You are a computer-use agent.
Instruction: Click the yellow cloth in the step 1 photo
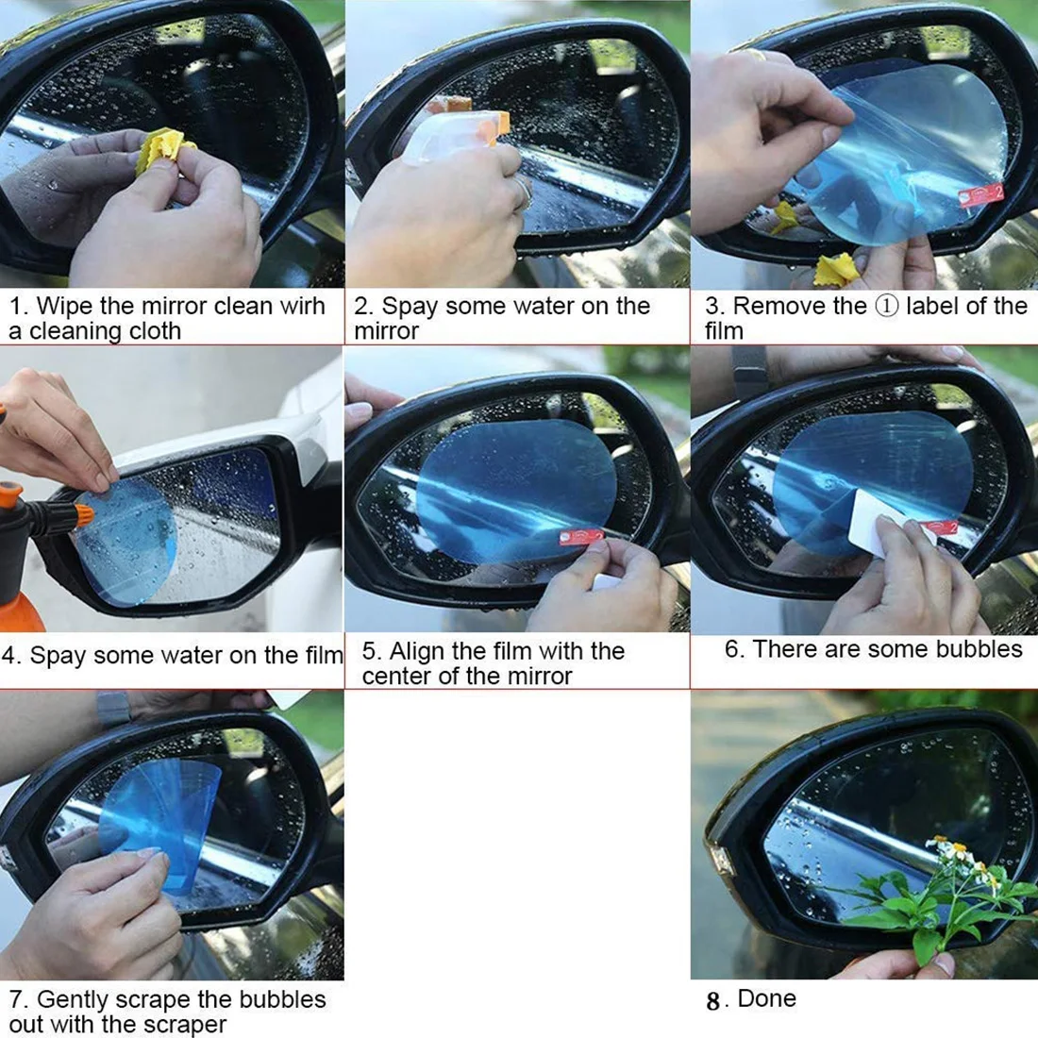164,150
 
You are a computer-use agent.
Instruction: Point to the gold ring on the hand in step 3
757,55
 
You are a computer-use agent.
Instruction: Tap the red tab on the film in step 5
582,536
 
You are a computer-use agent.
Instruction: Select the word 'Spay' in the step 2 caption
410,308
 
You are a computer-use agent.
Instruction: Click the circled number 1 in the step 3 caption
886,306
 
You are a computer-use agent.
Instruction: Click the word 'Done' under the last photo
766,999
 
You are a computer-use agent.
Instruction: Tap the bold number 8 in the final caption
713,1001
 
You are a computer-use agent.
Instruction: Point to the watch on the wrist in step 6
748,372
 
